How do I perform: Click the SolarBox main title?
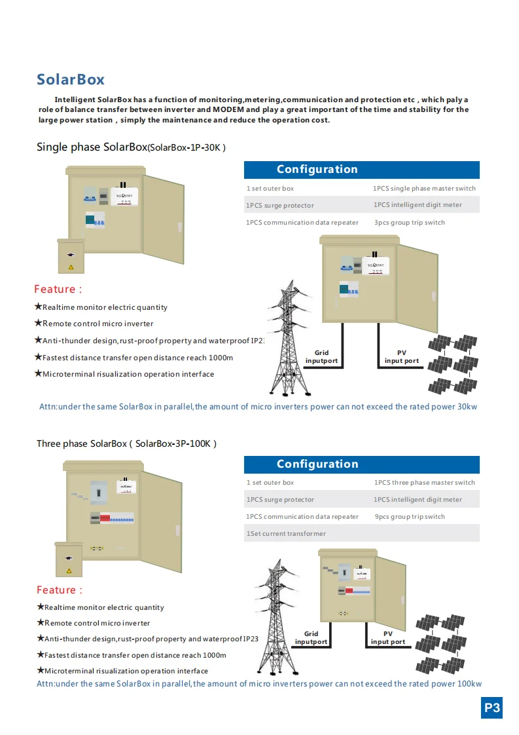71,80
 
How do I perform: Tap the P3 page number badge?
492,707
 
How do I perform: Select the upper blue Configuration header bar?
361,170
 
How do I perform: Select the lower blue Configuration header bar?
361,464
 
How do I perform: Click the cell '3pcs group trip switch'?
409,223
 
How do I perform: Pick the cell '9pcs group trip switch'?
410,517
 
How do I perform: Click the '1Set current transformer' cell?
286,534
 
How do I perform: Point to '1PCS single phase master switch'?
424,189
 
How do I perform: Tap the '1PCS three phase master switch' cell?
424,483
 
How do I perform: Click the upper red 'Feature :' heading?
58,290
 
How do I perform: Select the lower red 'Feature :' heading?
60,590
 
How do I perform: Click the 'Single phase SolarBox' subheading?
131,147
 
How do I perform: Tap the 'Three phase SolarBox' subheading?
126,443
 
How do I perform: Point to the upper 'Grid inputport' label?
321,357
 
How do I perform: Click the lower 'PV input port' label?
388,638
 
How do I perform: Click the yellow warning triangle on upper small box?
71,267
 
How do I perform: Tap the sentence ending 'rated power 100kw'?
259,684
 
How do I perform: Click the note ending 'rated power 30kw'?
258,407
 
